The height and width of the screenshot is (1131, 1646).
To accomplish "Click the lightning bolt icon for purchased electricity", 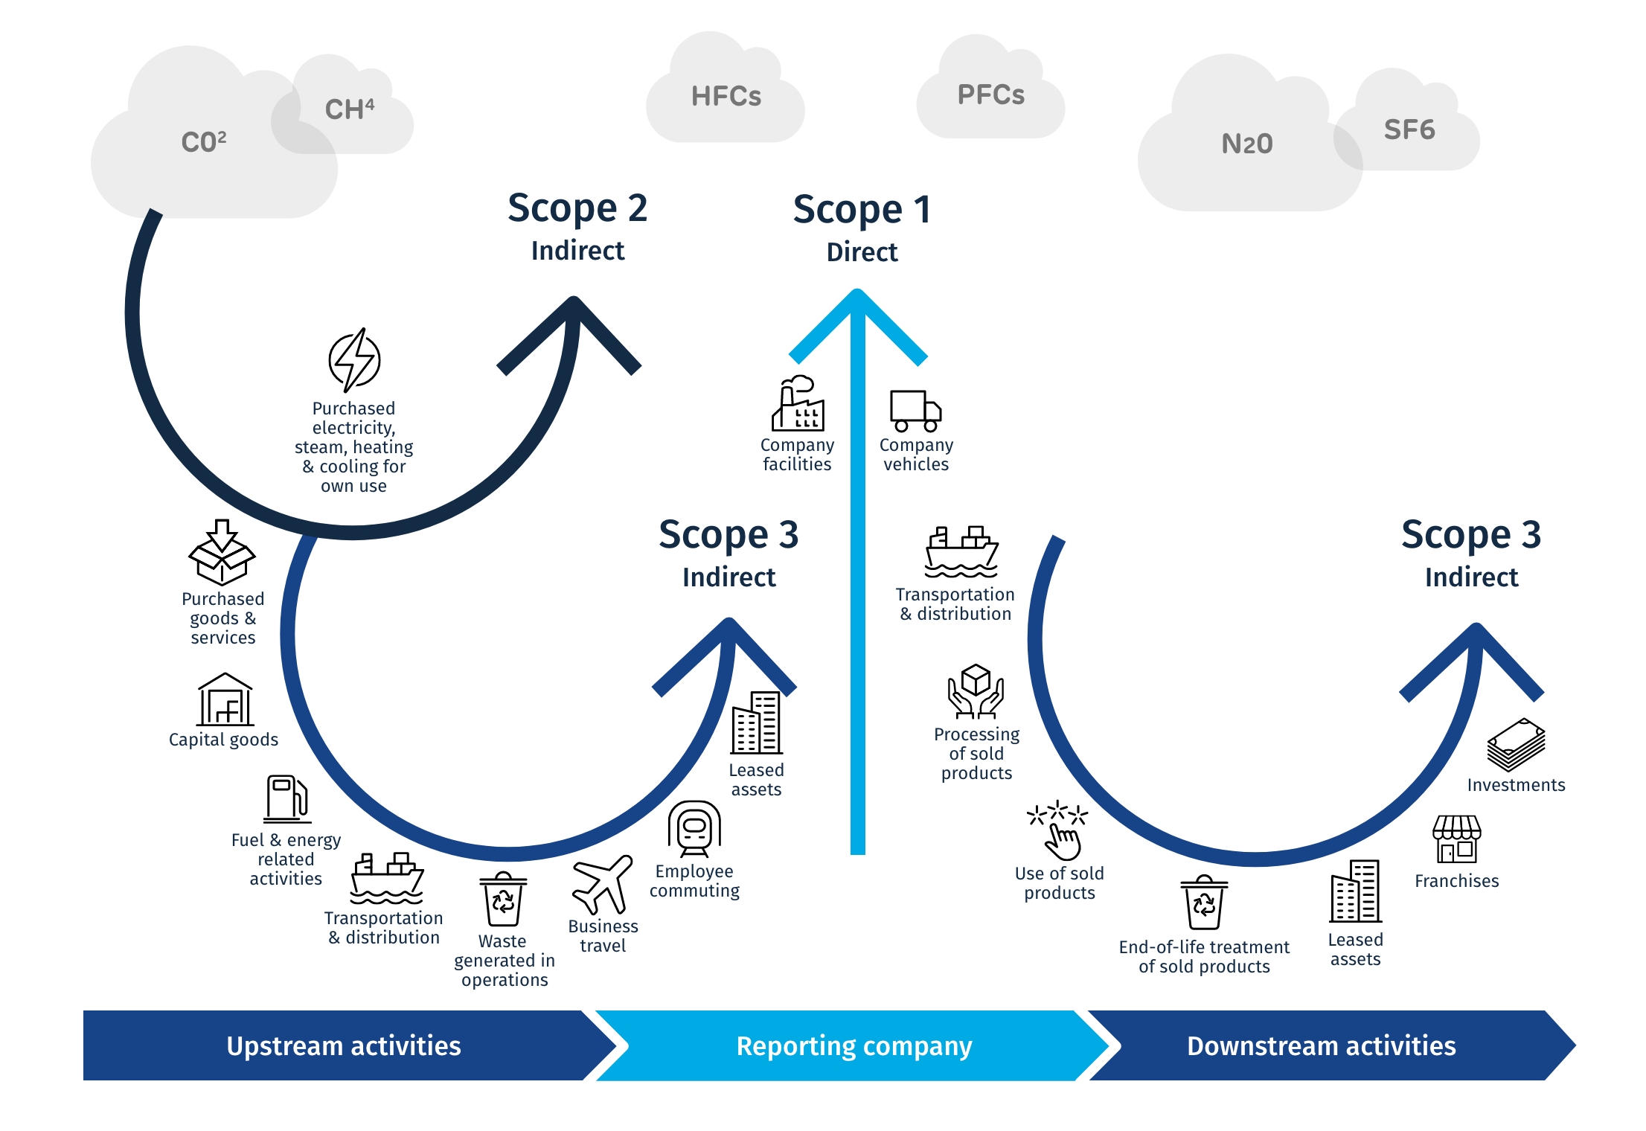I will coord(354,360).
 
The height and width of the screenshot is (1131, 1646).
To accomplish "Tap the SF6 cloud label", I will coord(1409,129).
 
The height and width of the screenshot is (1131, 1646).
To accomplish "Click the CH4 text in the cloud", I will coord(349,109).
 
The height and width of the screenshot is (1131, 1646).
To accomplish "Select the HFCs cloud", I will coord(726,96).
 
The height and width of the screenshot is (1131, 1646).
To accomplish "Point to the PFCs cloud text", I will coord(990,94).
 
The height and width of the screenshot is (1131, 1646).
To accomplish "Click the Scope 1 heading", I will coord(862,209).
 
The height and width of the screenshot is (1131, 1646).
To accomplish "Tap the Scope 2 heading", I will coord(577,208).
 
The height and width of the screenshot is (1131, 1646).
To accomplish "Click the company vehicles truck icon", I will coord(915,411).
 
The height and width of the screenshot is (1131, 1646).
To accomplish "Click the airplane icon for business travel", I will coord(602,884).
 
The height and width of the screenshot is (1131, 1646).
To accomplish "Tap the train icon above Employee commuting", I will coord(694,829).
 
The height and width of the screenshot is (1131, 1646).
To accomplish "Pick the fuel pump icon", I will coord(287,799).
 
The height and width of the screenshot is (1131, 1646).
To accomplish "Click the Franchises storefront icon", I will coord(1456,839).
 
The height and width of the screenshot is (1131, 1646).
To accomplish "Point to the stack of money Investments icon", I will coord(1516,745).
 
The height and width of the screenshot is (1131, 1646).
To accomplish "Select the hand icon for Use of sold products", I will coord(1058,830).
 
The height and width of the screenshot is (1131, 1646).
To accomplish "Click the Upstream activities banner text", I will coord(343,1045).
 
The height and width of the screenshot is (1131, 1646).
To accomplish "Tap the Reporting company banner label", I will coord(854,1045).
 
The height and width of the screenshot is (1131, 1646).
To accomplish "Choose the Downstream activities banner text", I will coord(1321,1045).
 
